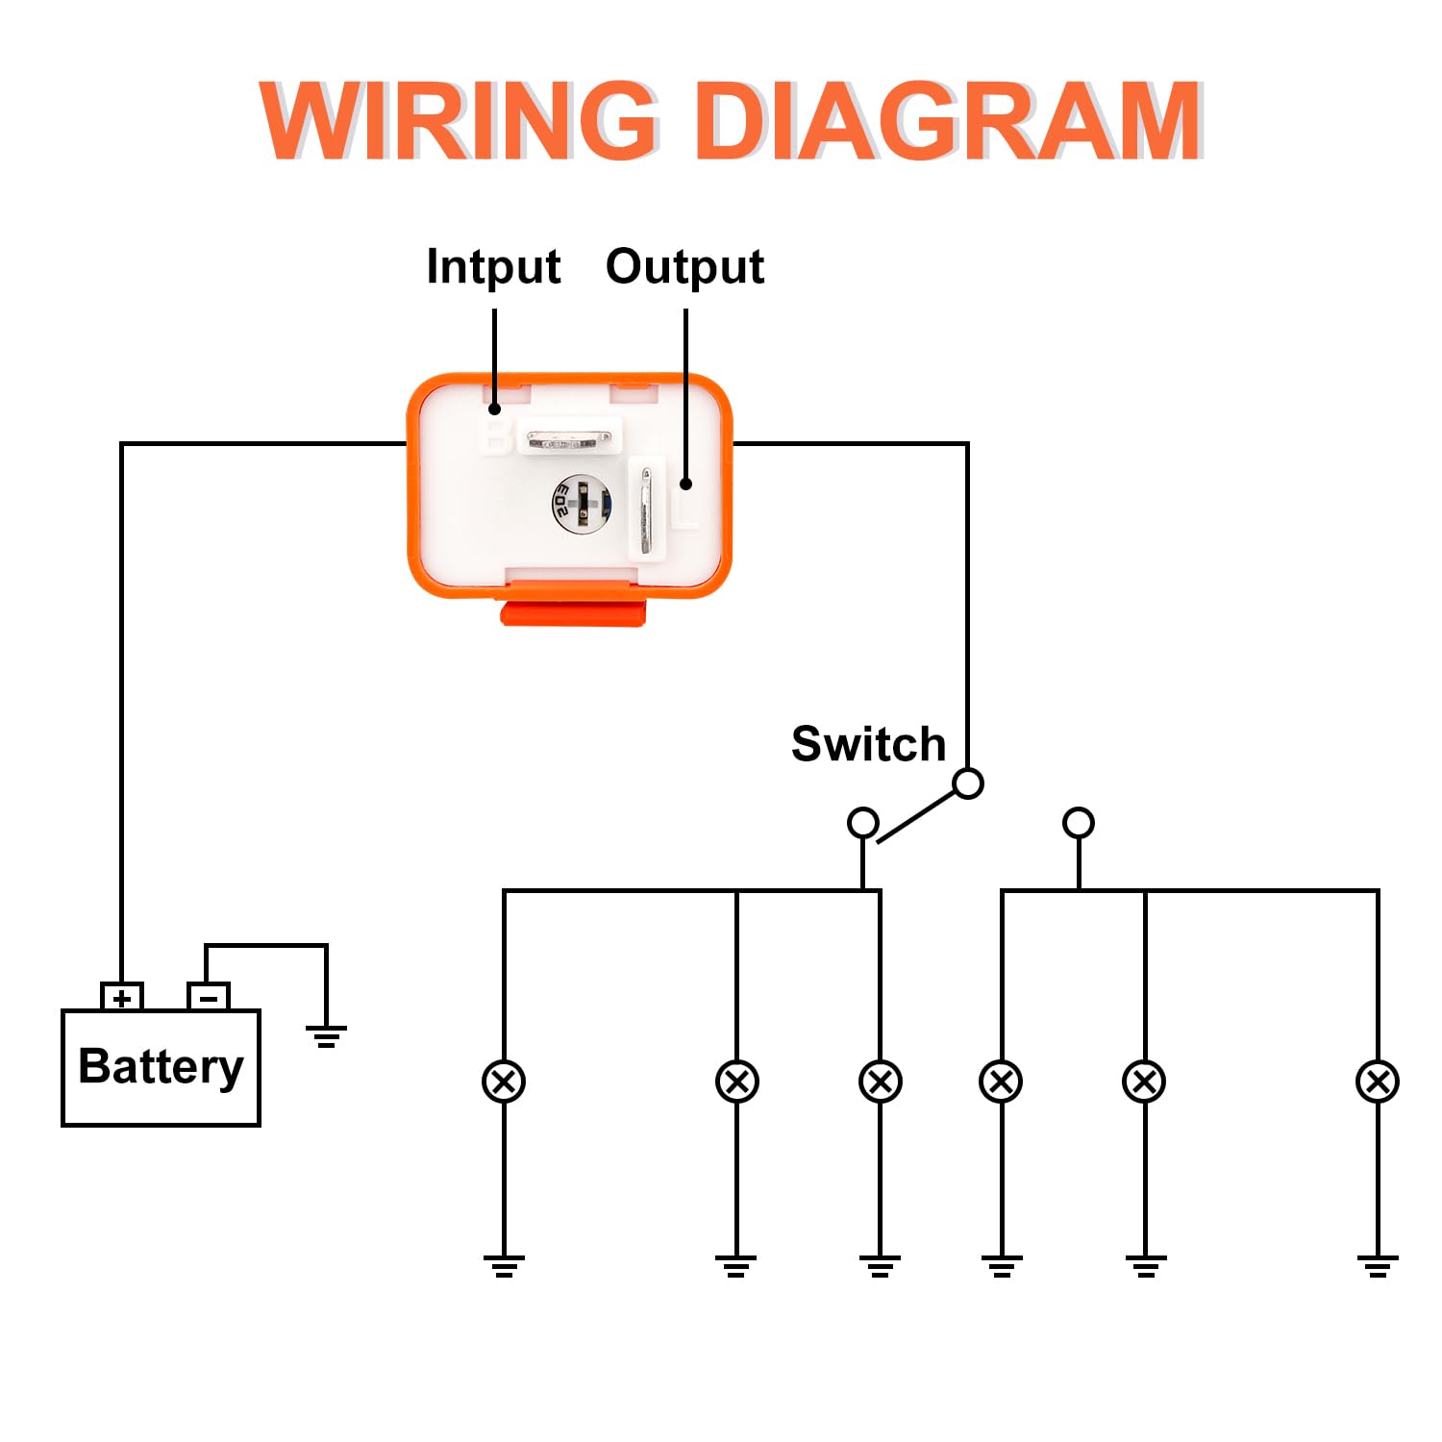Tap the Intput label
pos(493,266)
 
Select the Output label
pos(684,266)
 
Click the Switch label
pos(868,744)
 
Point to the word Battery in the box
pos(161,1067)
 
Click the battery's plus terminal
pos(122,997)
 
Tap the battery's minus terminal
pos(209,997)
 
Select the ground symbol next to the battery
pos(326,1035)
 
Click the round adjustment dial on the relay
pos(581,503)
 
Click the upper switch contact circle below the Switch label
pos(968,783)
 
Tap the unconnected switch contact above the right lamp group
pos(1079,823)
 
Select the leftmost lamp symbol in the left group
pos(504,1081)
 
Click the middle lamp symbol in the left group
pos(737,1081)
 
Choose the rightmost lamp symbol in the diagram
pos(1377,1081)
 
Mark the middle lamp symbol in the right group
pos(1144,1081)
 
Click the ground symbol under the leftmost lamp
pos(504,1265)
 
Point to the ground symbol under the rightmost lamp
pos(1377,1265)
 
